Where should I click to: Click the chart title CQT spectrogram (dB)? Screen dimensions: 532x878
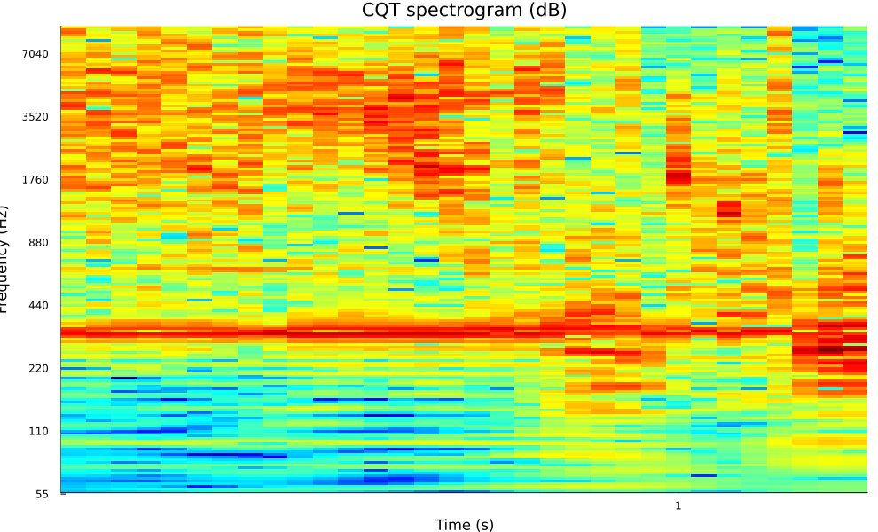[x=464, y=11]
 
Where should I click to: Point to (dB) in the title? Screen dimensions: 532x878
[x=548, y=11]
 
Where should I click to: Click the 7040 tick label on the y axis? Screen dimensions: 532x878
[x=36, y=54]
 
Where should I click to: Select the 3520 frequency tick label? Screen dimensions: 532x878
[x=36, y=117]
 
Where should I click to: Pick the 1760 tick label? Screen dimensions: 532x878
[x=36, y=180]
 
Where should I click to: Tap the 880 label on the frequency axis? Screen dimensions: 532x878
[x=40, y=243]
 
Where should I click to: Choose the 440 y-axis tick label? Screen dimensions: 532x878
[x=40, y=306]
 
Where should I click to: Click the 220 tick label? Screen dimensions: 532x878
[x=40, y=369]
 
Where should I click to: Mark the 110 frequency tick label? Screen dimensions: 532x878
[x=40, y=432]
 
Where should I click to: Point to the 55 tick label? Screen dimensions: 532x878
[x=43, y=495]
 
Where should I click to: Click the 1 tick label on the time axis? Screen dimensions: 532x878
[x=678, y=506]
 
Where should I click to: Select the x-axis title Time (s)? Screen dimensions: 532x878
[x=464, y=525]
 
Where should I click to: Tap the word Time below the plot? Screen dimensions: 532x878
[x=453, y=525]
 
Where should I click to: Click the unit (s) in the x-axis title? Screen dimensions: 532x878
[x=484, y=525]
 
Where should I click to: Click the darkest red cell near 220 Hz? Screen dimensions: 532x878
[x=830, y=350]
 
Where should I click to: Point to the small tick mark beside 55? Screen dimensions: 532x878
[x=62, y=494]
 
